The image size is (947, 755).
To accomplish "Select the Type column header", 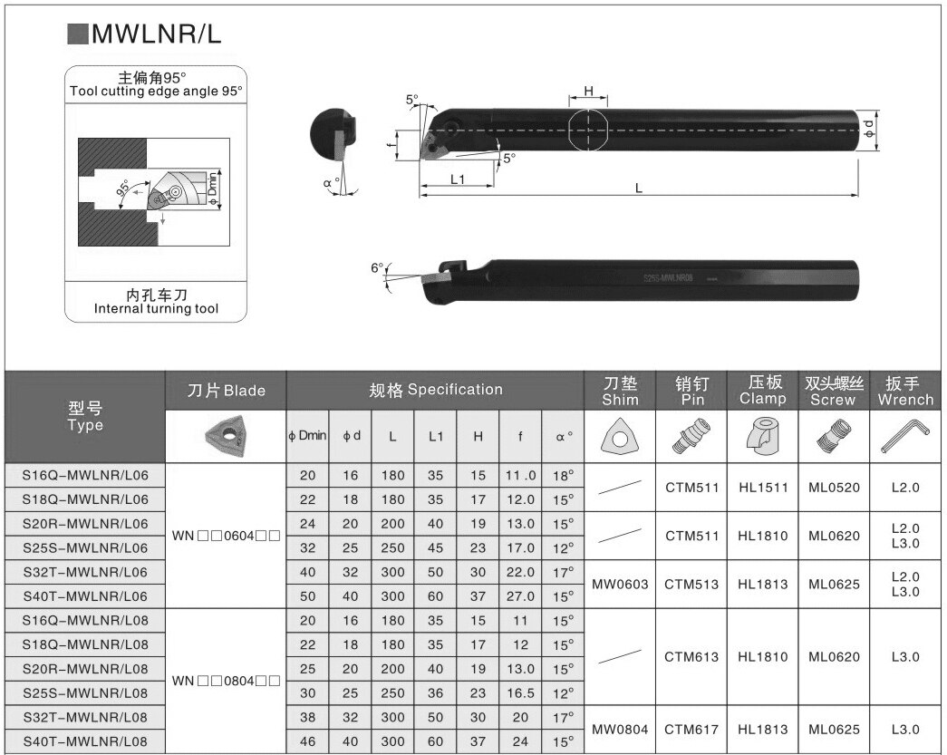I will click(x=85, y=416).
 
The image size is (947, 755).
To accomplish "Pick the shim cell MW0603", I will click(x=620, y=584).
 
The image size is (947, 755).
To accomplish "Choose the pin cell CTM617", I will click(x=691, y=729).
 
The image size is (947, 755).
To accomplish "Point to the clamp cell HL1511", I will click(x=762, y=487).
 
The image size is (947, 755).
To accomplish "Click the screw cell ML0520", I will click(x=834, y=487).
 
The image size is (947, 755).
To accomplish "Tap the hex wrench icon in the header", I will click(x=904, y=437).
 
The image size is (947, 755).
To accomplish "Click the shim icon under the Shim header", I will click(x=620, y=437).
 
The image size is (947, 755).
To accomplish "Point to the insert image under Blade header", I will click(x=227, y=436).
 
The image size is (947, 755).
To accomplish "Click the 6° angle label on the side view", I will click(x=377, y=267).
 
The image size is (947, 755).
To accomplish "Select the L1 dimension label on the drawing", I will click(x=457, y=179).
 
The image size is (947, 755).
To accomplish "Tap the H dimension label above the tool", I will click(x=588, y=91).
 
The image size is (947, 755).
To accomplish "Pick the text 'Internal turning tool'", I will click(x=156, y=309).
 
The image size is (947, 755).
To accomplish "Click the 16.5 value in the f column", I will click(x=520, y=692).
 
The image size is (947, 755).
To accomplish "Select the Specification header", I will click(x=435, y=390).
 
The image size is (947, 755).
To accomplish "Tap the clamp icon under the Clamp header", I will click(x=762, y=437).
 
